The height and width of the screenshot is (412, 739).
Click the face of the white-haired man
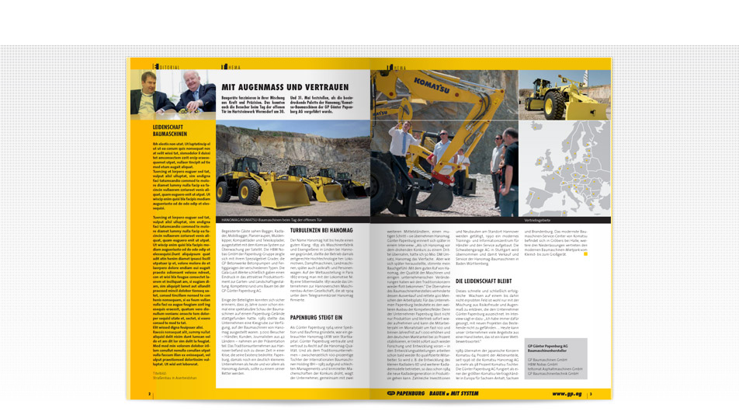(x=198, y=80)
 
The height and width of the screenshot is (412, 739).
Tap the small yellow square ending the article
(x=588, y=253)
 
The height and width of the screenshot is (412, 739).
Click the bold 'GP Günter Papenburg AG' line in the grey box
(x=547, y=344)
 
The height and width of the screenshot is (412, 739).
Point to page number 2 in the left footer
(x=139, y=394)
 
